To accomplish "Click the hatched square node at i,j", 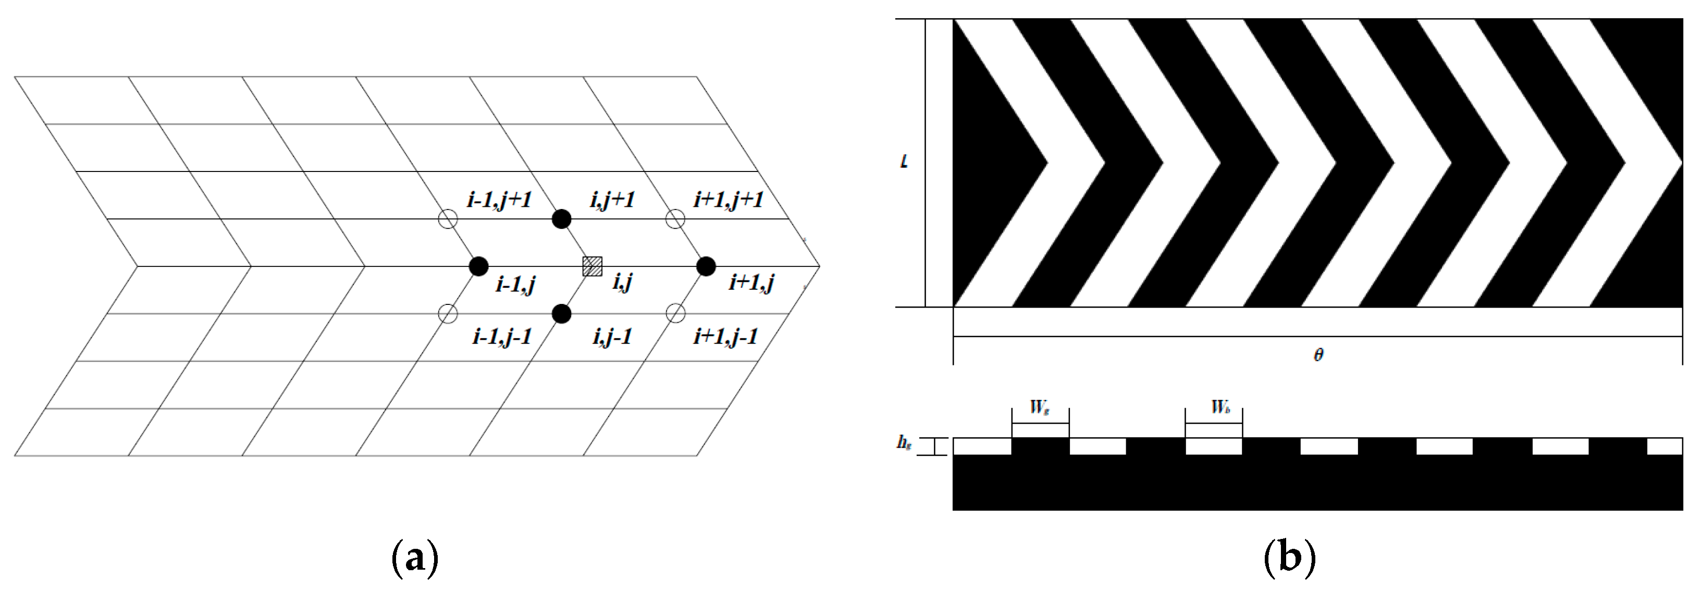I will (x=592, y=266).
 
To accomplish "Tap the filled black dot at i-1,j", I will (x=478, y=266).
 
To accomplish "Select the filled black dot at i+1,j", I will (x=706, y=266).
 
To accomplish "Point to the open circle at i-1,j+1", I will (x=448, y=219).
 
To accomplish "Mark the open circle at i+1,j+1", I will (x=674, y=219).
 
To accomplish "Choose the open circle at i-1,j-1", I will (x=448, y=314).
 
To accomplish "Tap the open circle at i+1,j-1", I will (x=674, y=314).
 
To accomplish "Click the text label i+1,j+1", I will (x=728, y=200).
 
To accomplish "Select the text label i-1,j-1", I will (x=502, y=337).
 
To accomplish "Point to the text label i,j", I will (x=622, y=283).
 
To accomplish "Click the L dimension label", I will (x=904, y=161).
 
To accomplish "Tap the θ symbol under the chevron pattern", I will (x=1317, y=355).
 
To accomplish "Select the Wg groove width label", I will (x=1039, y=408).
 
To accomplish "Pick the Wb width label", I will (x=1219, y=408).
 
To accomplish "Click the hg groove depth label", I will (x=904, y=443).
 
